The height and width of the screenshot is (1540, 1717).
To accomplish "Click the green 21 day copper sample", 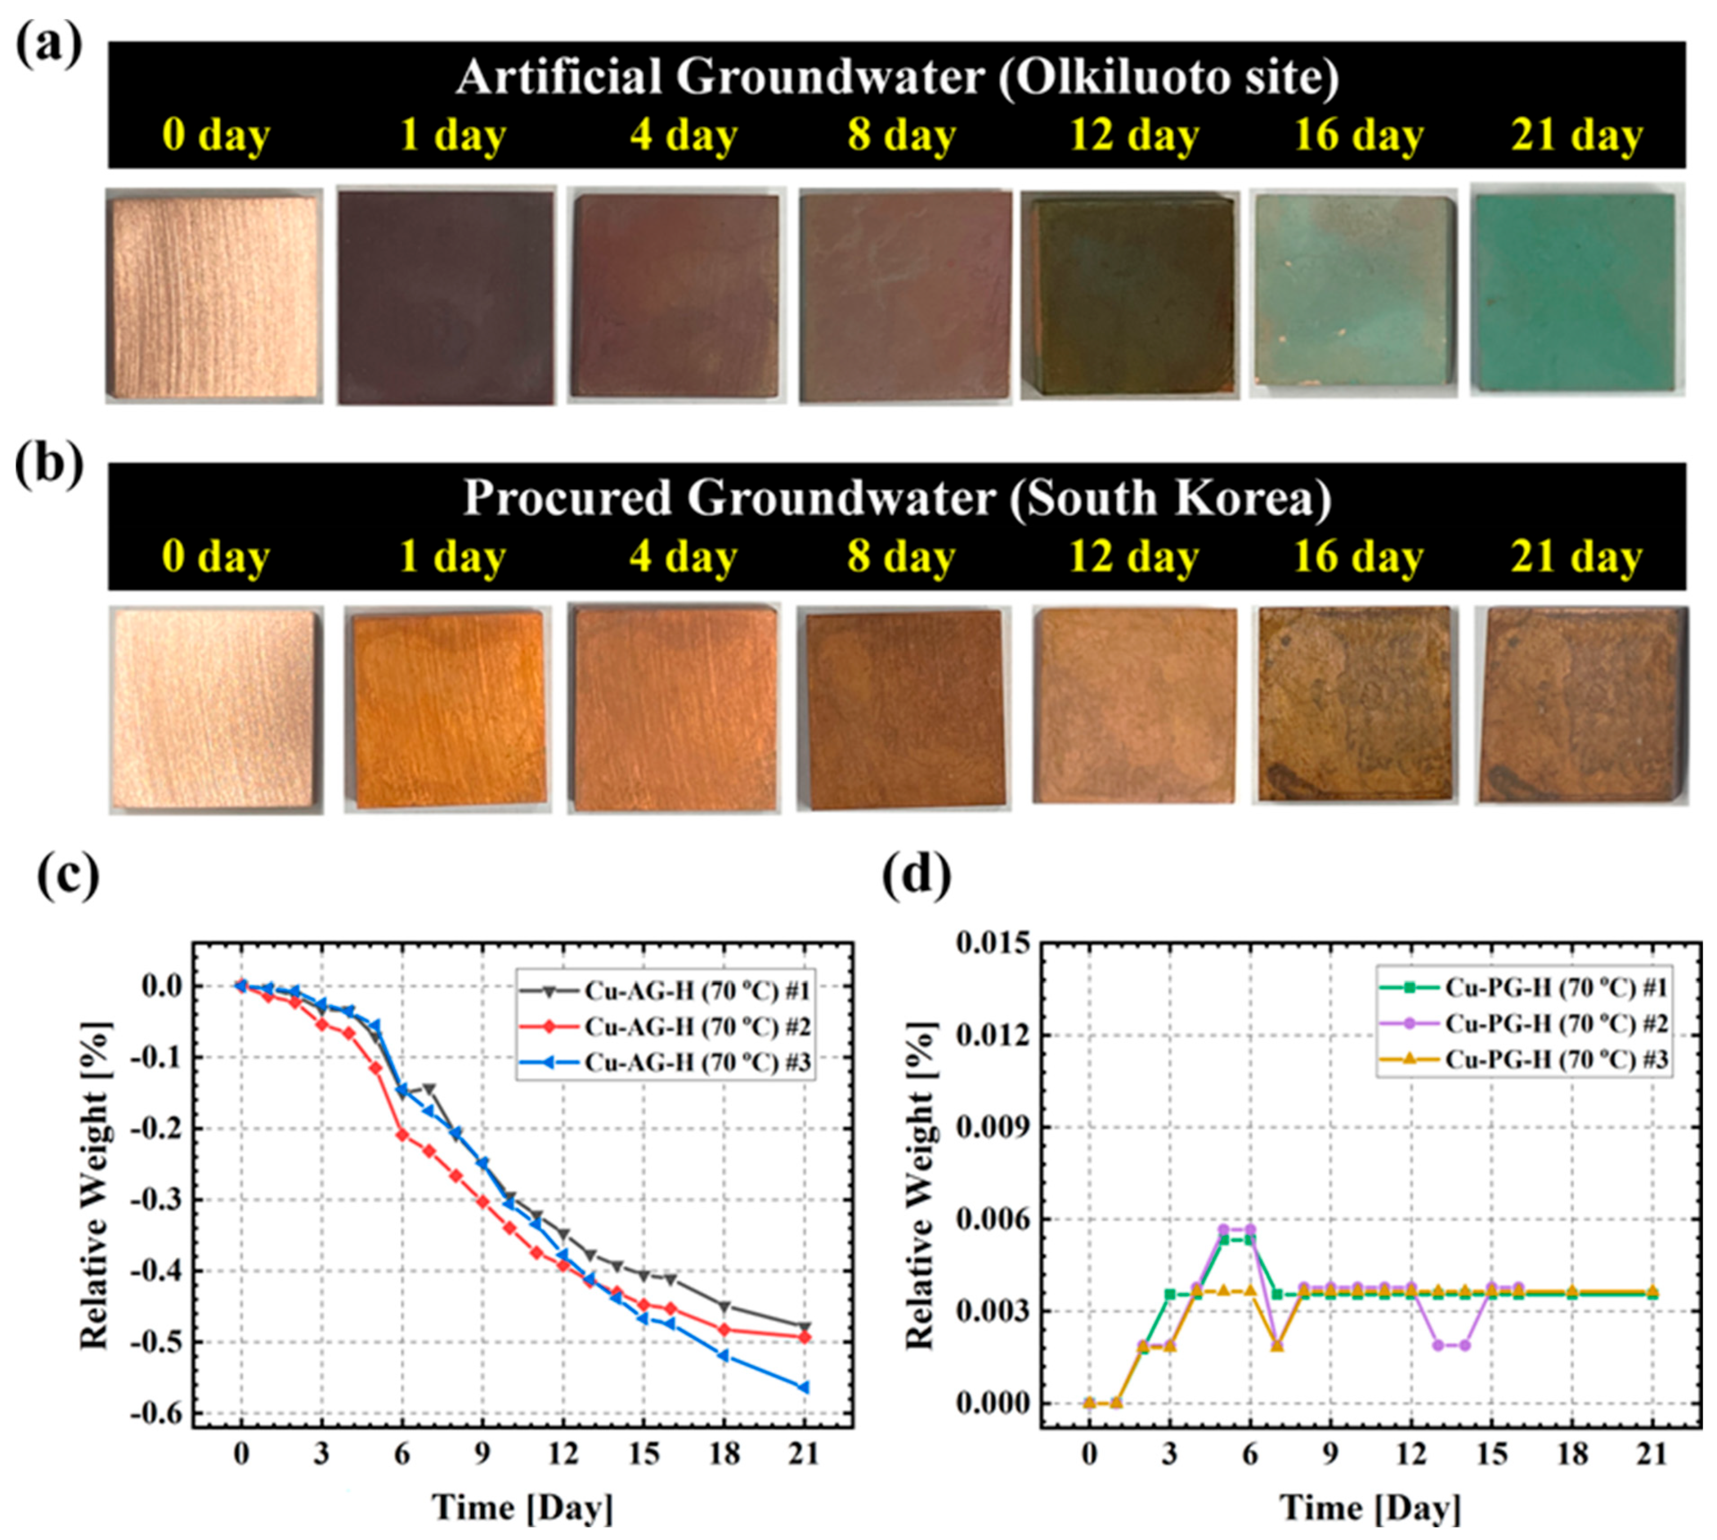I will click(x=1576, y=292).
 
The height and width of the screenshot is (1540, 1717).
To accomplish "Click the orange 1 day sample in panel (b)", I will click(x=448, y=709).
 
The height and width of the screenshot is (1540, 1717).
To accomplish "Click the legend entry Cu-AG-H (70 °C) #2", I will click(x=696, y=1027).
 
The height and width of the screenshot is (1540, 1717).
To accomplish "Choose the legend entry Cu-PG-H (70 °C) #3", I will click(x=1555, y=1059).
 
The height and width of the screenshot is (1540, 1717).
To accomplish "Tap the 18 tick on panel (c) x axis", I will click(x=724, y=1454).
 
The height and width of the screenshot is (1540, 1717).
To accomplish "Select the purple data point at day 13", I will click(x=1438, y=1345).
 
